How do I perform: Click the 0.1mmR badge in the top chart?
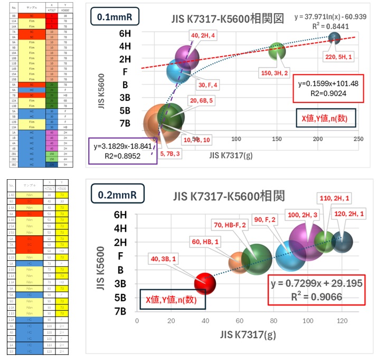tap(114, 16)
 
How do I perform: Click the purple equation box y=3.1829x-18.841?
tap(122, 151)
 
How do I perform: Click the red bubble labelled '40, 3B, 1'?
tap(205, 283)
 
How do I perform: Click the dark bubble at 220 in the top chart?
tap(334, 38)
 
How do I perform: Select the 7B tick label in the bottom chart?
tap(121, 311)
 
